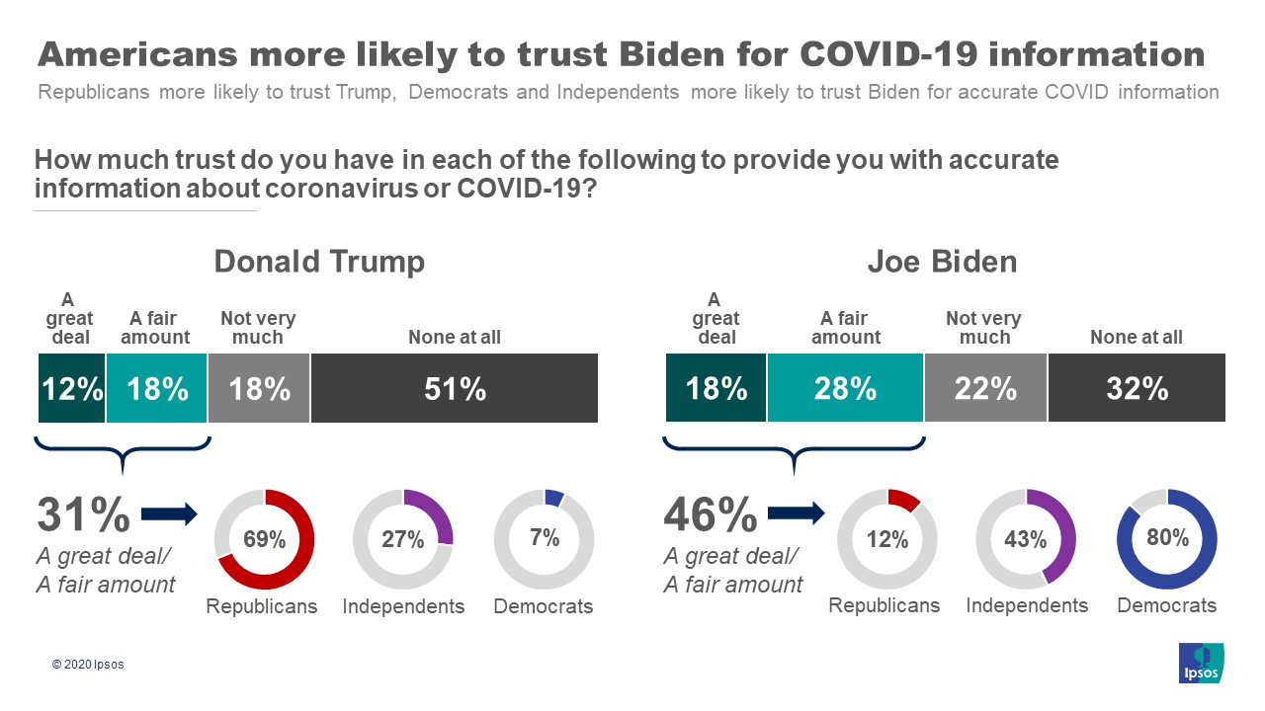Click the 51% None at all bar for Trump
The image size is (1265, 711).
pyautogui.click(x=455, y=388)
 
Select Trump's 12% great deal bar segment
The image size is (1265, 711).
pyautogui.click(x=71, y=388)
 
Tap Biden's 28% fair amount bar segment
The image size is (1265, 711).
pyautogui.click(x=845, y=388)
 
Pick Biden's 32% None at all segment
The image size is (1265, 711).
pyautogui.click(x=1137, y=388)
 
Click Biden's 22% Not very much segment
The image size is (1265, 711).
pyautogui.click(x=985, y=388)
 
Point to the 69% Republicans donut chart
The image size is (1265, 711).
pyautogui.click(x=264, y=539)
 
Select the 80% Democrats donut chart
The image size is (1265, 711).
pyautogui.click(x=1166, y=539)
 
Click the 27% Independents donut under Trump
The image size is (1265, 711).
pyautogui.click(x=403, y=539)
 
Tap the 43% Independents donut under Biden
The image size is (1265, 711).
pyautogui.click(x=1026, y=539)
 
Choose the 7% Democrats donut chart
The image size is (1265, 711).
pyautogui.click(x=544, y=539)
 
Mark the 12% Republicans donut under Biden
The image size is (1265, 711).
pyautogui.click(x=886, y=539)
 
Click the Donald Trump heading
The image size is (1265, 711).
pyautogui.click(x=319, y=262)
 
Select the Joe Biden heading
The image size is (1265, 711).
pyautogui.click(x=943, y=262)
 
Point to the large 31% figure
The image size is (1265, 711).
pyautogui.click(x=83, y=514)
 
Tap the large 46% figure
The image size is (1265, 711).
pyautogui.click(x=710, y=514)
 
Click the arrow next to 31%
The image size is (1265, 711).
pyautogui.click(x=170, y=513)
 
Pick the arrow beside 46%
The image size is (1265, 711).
pyautogui.click(x=796, y=513)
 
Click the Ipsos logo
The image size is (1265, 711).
pyautogui.click(x=1202, y=663)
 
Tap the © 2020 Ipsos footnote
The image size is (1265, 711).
pyautogui.click(x=88, y=665)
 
